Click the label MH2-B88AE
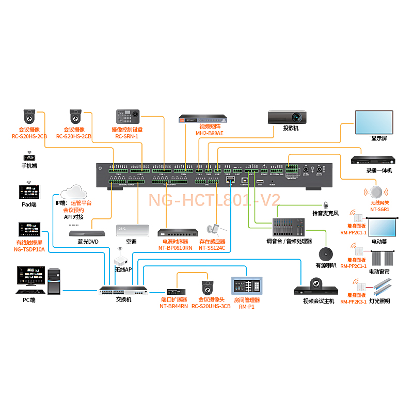pyautogui.click(x=209, y=134)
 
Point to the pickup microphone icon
pyautogui.click(x=326, y=205)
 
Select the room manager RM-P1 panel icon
pyautogui.click(x=246, y=285)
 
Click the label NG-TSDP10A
pyautogui.click(x=29, y=249)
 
